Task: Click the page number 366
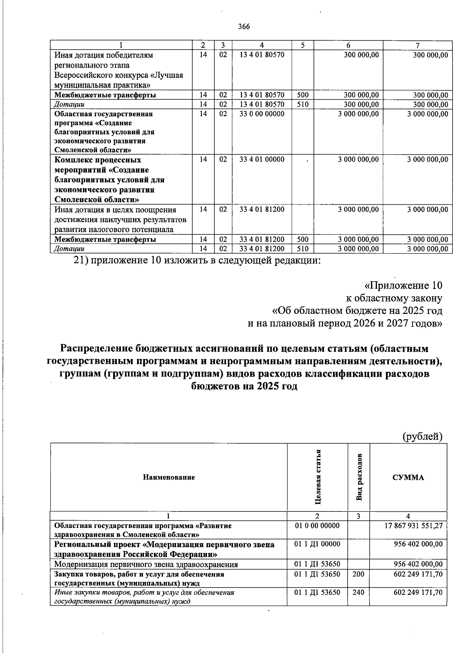point(244,27)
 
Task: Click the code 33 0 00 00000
point(262,114)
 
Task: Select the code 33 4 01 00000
point(262,160)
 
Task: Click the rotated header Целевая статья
point(318,477)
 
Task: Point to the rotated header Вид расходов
point(359,478)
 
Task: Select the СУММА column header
point(408,478)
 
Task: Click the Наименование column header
point(169,478)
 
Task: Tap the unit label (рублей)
point(422,436)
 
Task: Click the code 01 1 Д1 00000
point(317,544)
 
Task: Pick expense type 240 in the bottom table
point(358,593)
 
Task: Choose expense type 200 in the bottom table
point(358,574)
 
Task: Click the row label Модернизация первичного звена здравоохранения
point(146,564)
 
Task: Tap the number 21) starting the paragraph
point(81,261)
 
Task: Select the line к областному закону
point(393,298)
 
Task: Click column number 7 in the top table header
point(417,45)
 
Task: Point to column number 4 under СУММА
point(408,516)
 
